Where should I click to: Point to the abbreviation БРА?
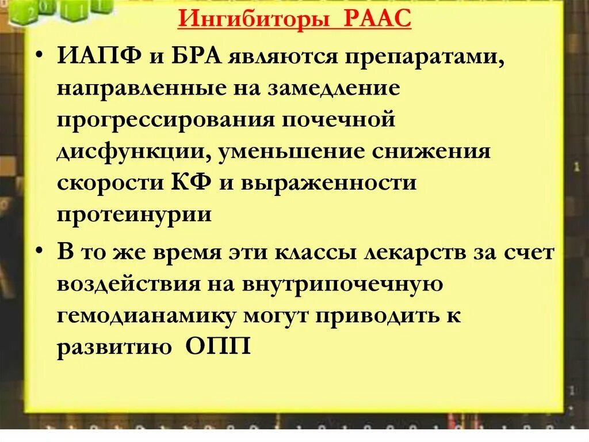coord(194,56)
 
